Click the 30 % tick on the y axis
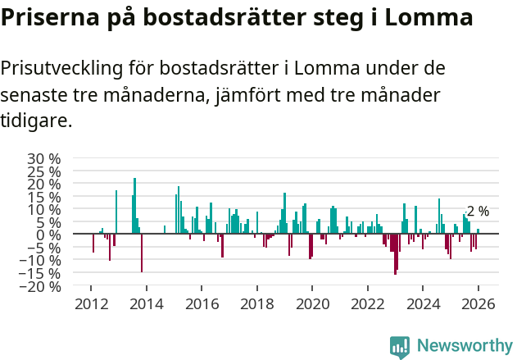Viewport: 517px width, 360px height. coord(43,158)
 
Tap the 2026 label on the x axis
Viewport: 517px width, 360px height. coord(478,304)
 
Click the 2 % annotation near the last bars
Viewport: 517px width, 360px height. coord(478,211)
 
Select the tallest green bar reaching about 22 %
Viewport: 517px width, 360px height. coord(134,205)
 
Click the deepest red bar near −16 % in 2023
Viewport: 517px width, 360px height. coord(395,254)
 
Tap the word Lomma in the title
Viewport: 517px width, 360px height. coord(429,18)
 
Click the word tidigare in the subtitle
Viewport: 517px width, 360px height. coord(36,121)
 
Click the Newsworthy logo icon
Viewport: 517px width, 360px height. coord(400,346)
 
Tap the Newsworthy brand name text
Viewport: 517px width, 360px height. coord(465,346)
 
